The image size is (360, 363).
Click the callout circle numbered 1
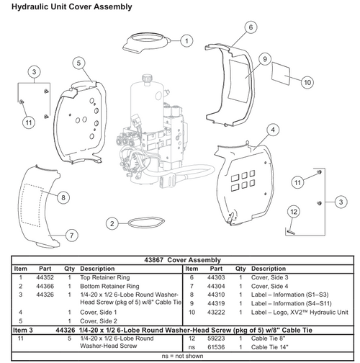click(186, 41)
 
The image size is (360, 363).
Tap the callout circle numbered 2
click(112, 224)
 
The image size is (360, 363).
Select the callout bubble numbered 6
click(251, 27)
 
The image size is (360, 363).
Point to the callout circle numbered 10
click(307, 83)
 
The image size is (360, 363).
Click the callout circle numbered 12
click(293, 211)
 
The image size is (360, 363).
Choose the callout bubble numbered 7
click(71, 235)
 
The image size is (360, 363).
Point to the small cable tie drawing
click(291, 230)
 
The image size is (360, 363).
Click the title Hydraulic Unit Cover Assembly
click(67, 7)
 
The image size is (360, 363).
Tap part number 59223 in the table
click(217, 338)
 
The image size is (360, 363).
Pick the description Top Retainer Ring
click(107, 277)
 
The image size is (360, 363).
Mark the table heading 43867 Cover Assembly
click(179, 260)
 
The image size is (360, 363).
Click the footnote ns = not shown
click(179, 356)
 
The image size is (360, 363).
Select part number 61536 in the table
click(217, 346)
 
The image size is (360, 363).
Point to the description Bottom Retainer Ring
click(112, 286)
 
